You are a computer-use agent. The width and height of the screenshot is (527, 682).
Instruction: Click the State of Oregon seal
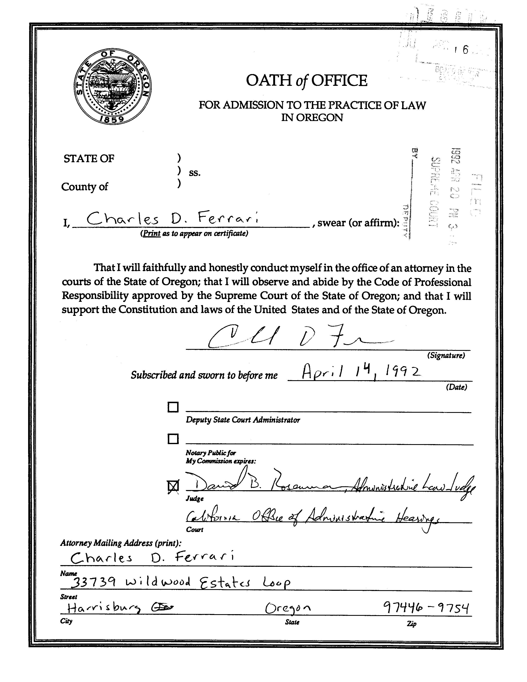[x=113, y=86]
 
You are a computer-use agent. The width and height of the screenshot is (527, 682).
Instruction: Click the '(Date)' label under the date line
[x=456, y=387]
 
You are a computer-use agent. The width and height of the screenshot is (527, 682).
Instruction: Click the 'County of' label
[x=85, y=187]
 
